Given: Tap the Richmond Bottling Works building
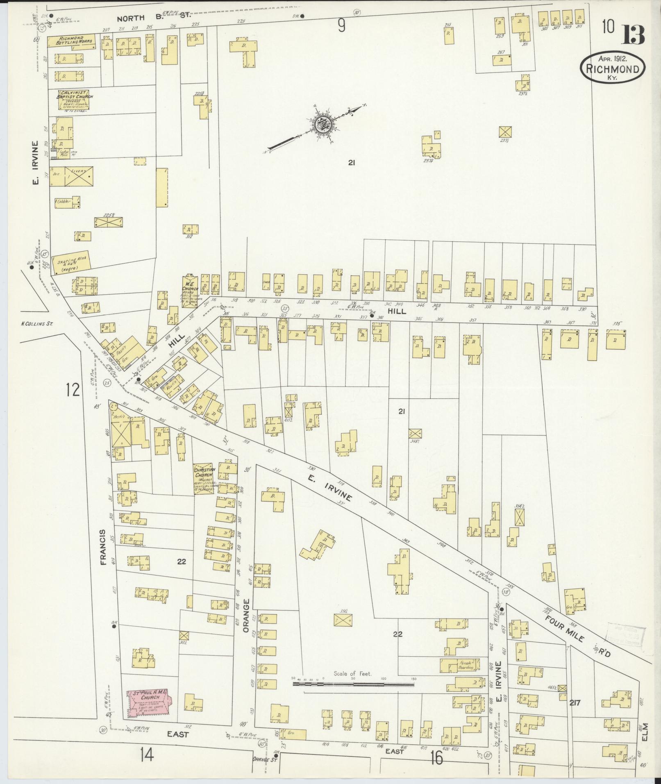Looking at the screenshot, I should coord(72,41).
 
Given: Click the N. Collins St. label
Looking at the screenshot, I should coord(37,324).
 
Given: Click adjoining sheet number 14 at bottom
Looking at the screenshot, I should coord(146,754).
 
